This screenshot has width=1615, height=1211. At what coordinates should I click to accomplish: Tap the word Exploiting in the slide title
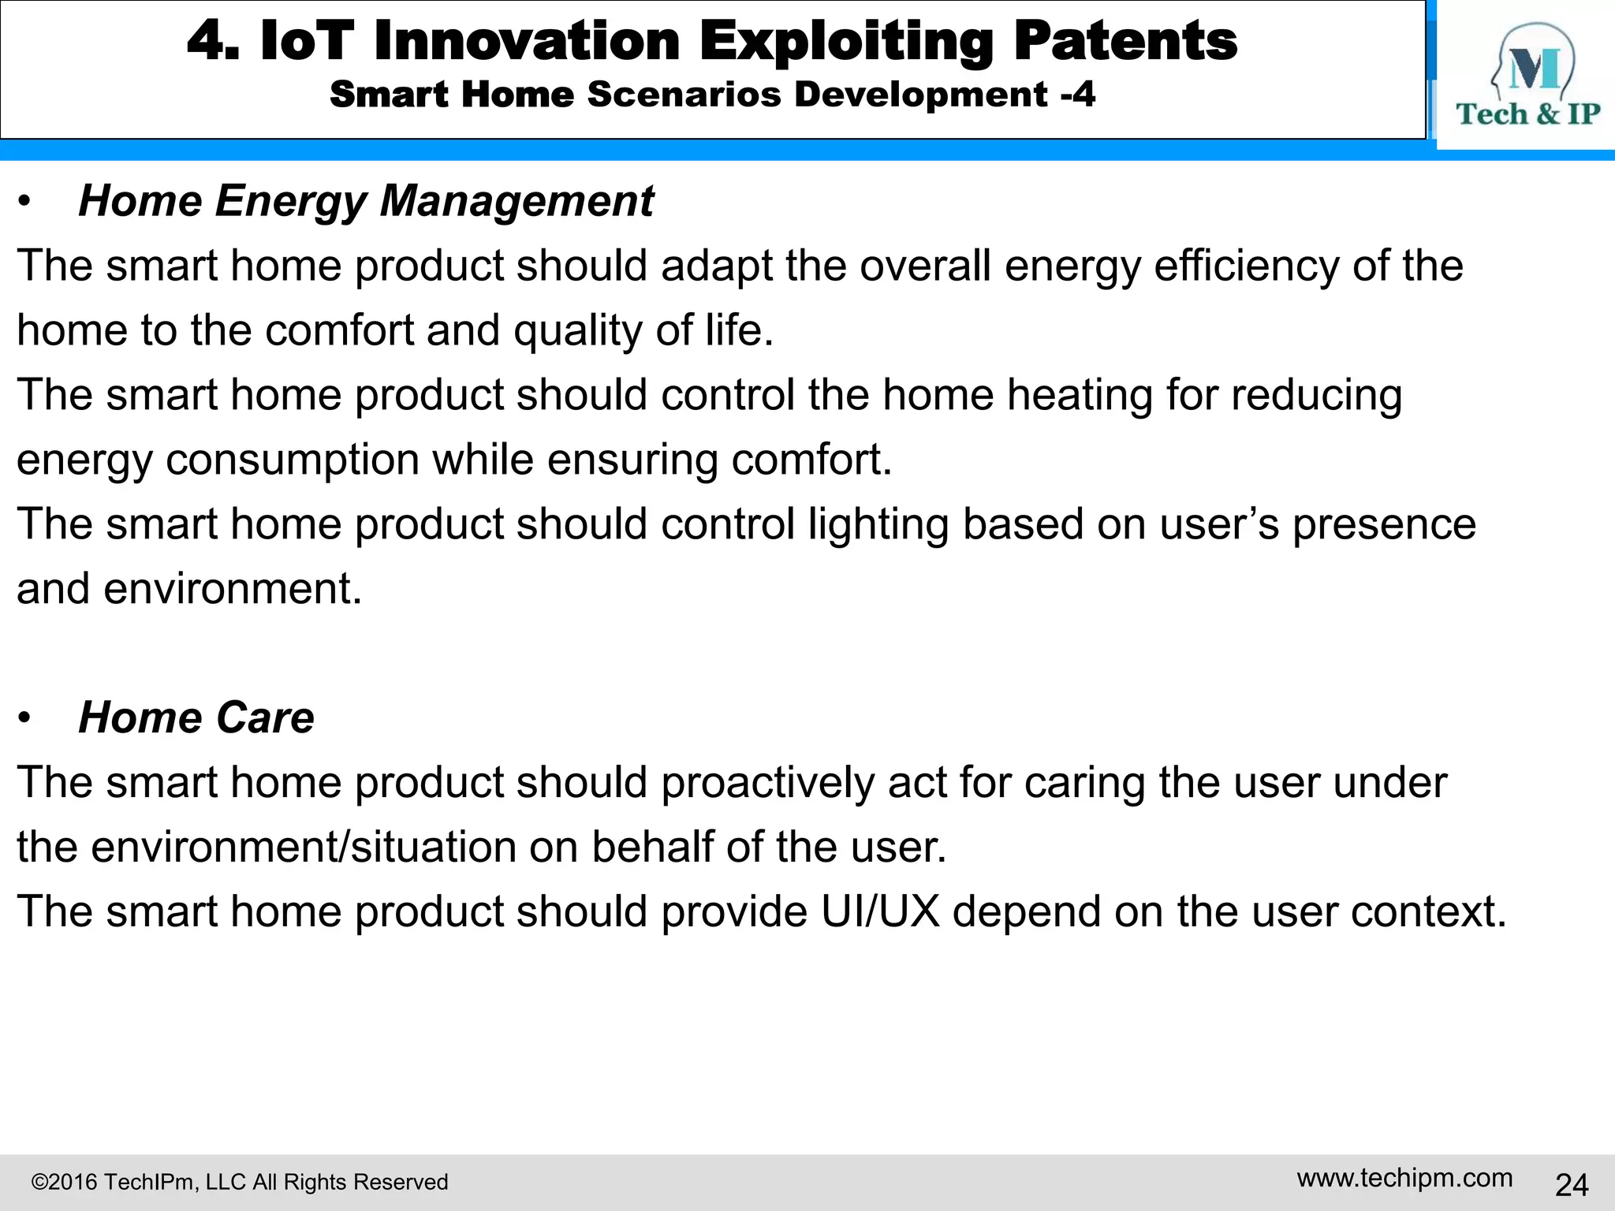(846, 43)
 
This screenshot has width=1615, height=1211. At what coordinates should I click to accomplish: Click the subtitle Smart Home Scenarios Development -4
(712, 95)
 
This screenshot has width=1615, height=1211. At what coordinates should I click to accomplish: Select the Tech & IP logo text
(1527, 114)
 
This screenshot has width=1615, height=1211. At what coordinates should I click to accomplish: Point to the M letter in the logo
(1534, 69)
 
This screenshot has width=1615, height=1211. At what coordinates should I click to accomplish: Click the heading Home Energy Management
(366, 201)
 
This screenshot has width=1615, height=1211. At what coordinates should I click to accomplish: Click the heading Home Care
(196, 717)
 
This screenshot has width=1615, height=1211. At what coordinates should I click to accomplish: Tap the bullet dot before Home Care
(25, 718)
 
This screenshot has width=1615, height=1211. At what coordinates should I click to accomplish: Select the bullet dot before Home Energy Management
(25, 202)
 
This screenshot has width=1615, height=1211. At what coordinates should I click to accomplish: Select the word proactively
(767, 783)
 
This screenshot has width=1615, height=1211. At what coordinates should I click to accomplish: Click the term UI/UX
(880, 912)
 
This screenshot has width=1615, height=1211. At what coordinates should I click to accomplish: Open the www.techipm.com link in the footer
(1404, 1178)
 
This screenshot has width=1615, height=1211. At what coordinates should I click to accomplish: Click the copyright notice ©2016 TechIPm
(240, 1182)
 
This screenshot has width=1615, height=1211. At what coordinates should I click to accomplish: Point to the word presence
(1383, 525)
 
